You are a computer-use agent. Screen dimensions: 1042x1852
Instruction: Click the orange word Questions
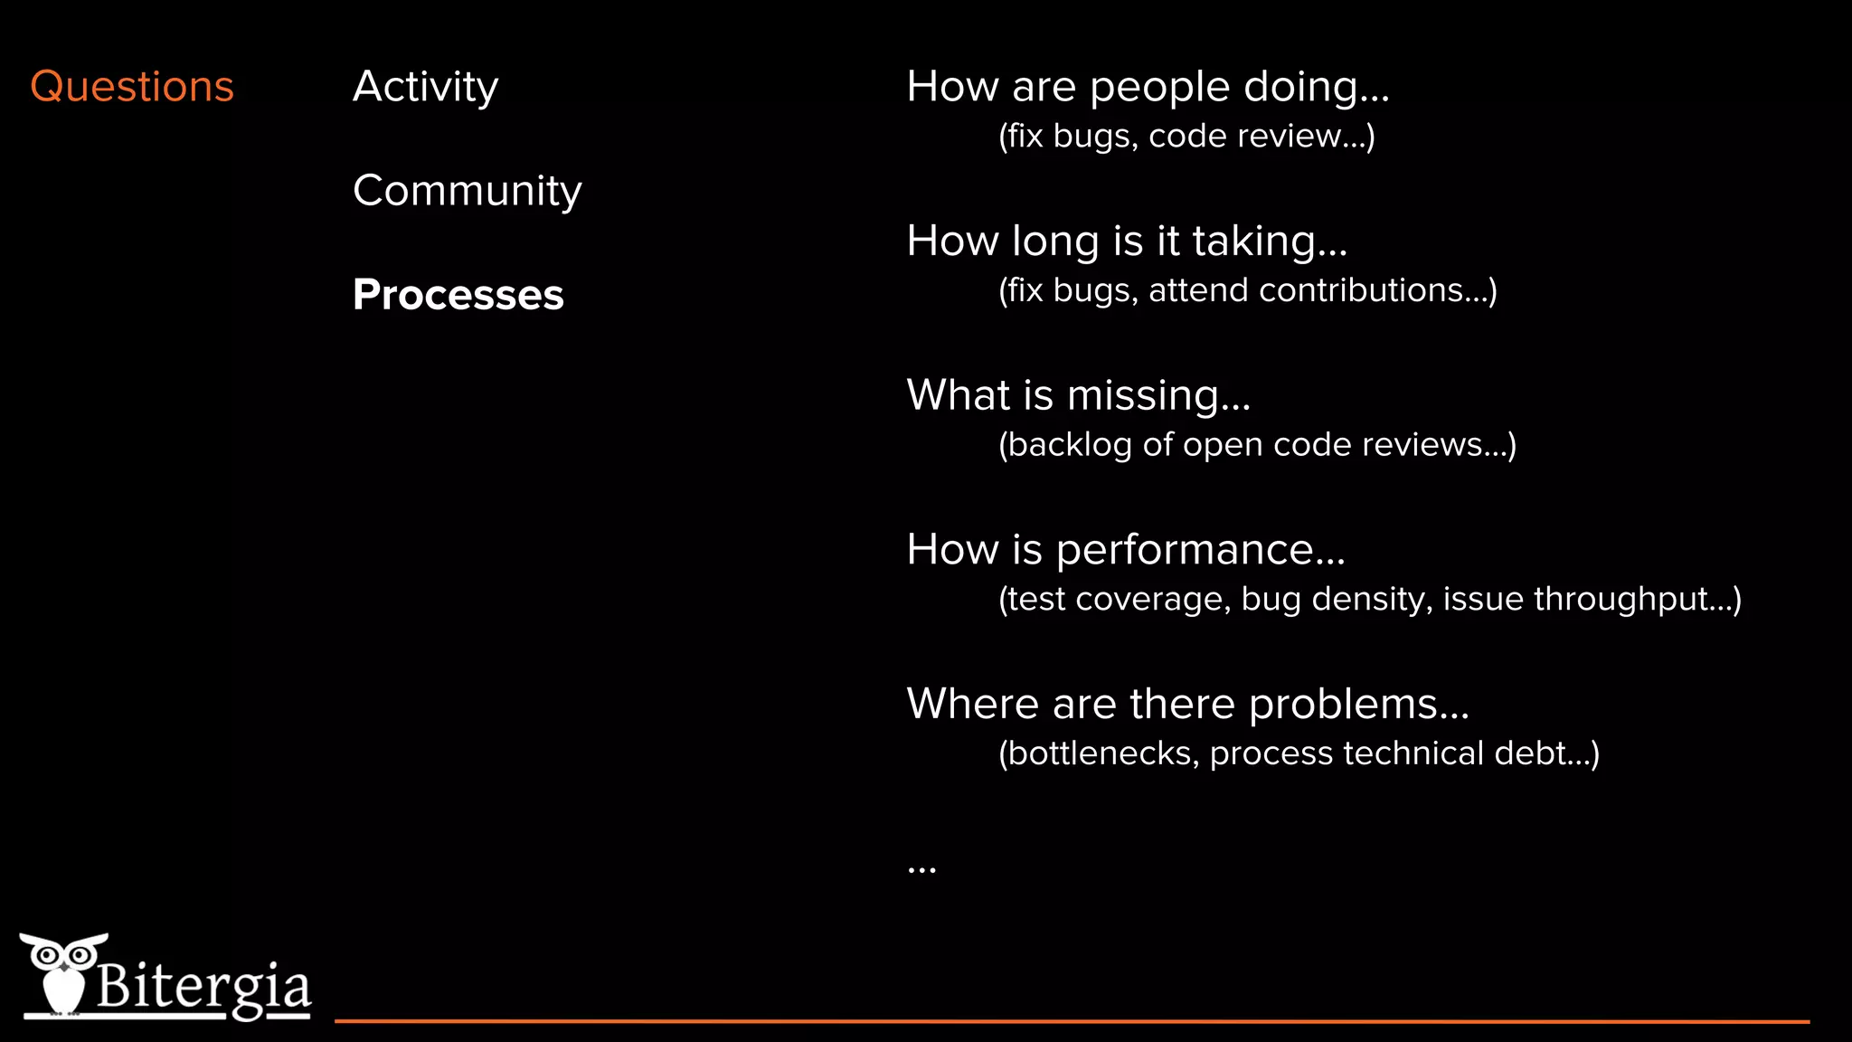pos(132,87)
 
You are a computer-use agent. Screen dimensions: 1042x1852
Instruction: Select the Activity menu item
pos(425,87)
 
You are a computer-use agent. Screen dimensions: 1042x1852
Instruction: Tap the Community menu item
pos(467,191)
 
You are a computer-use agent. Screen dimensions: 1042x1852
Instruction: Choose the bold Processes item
pos(458,295)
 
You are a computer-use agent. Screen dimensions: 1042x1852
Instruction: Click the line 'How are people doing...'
pos(1147,87)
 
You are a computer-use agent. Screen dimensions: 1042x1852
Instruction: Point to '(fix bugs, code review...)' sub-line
pos(1186,137)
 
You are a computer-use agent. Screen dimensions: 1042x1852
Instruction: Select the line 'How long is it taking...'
pos(1126,242)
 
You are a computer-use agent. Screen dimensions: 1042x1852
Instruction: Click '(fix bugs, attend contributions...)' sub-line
pos(1247,291)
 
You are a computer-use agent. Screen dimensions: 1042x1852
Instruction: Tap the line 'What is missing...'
pos(1078,395)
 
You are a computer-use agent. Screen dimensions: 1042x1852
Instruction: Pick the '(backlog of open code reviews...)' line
pos(1256,445)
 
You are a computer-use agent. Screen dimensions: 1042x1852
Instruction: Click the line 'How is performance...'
pos(1125,550)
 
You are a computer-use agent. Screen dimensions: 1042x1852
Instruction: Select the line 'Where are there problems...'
pos(1187,704)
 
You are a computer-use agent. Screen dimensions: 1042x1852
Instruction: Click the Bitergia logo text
pos(203,986)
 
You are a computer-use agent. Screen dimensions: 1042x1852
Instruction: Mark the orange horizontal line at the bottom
pos(1072,1021)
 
